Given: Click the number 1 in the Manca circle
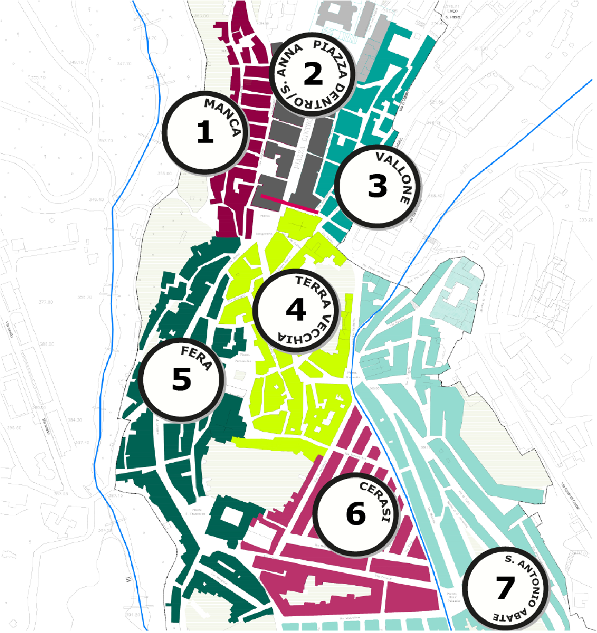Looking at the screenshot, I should pyautogui.click(x=205, y=132).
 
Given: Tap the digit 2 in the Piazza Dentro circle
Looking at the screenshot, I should pyautogui.click(x=313, y=74).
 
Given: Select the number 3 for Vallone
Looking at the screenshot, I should pyautogui.click(x=377, y=187).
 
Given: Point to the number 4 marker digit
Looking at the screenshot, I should pyautogui.click(x=296, y=310).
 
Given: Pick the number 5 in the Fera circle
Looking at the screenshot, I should pyautogui.click(x=181, y=379).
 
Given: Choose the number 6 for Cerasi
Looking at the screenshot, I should pyautogui.click(x=355, y=514).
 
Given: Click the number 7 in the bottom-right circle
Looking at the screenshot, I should pyautogui.click(x=505, y=587).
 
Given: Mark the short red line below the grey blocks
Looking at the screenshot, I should pyautogui.click(x=289, y=202).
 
